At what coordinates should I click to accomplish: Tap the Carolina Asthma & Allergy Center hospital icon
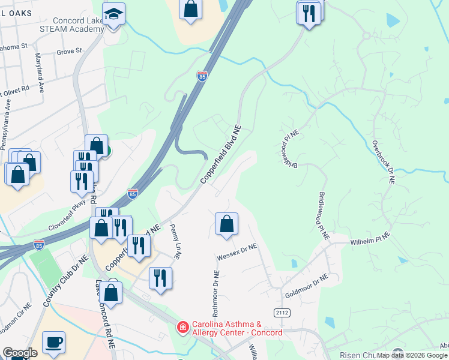181,328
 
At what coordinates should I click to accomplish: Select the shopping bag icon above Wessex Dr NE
226,224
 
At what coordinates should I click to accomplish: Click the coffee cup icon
53,342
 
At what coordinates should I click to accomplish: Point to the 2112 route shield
282,313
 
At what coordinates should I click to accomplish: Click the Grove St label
69,52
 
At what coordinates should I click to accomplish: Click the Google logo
20,353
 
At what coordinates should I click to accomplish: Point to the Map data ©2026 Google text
412,355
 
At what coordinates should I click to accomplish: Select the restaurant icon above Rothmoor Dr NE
161,278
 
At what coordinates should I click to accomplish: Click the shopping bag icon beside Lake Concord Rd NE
111,293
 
